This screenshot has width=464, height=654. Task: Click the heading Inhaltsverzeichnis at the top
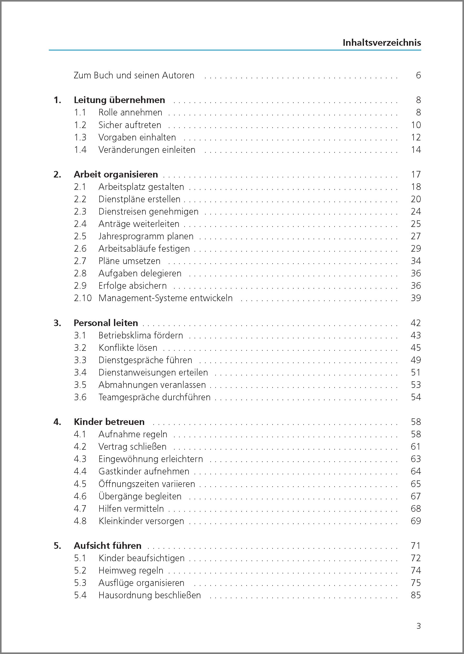click(382, 43)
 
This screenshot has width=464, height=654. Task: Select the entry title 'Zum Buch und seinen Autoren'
click(134, 75)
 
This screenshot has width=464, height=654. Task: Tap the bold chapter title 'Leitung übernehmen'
click(119, 100)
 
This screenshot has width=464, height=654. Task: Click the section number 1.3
click(80, 137)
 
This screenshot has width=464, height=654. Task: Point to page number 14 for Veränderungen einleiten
click(416, 150)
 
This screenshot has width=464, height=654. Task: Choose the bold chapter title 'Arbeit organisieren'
click(116, 174)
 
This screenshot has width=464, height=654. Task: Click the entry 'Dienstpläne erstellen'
click(139, 199)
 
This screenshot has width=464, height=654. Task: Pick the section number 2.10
click(82, 298)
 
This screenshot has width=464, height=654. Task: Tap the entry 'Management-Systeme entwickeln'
click(165, 298)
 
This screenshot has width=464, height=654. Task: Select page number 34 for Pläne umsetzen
click(416, 261)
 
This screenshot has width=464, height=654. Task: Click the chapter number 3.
click(57, 323)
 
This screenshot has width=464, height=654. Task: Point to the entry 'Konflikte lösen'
click(128, 348)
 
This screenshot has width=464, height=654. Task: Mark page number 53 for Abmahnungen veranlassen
click(416, 385)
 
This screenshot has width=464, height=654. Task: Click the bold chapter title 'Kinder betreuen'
click(109, 422)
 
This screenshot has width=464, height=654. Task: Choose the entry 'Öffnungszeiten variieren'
click(147, 484)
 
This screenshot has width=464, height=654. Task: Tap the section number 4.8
click(80, 521)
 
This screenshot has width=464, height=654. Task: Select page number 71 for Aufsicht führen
click(416, 546)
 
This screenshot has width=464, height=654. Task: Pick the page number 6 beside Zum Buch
click(418, 75)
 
